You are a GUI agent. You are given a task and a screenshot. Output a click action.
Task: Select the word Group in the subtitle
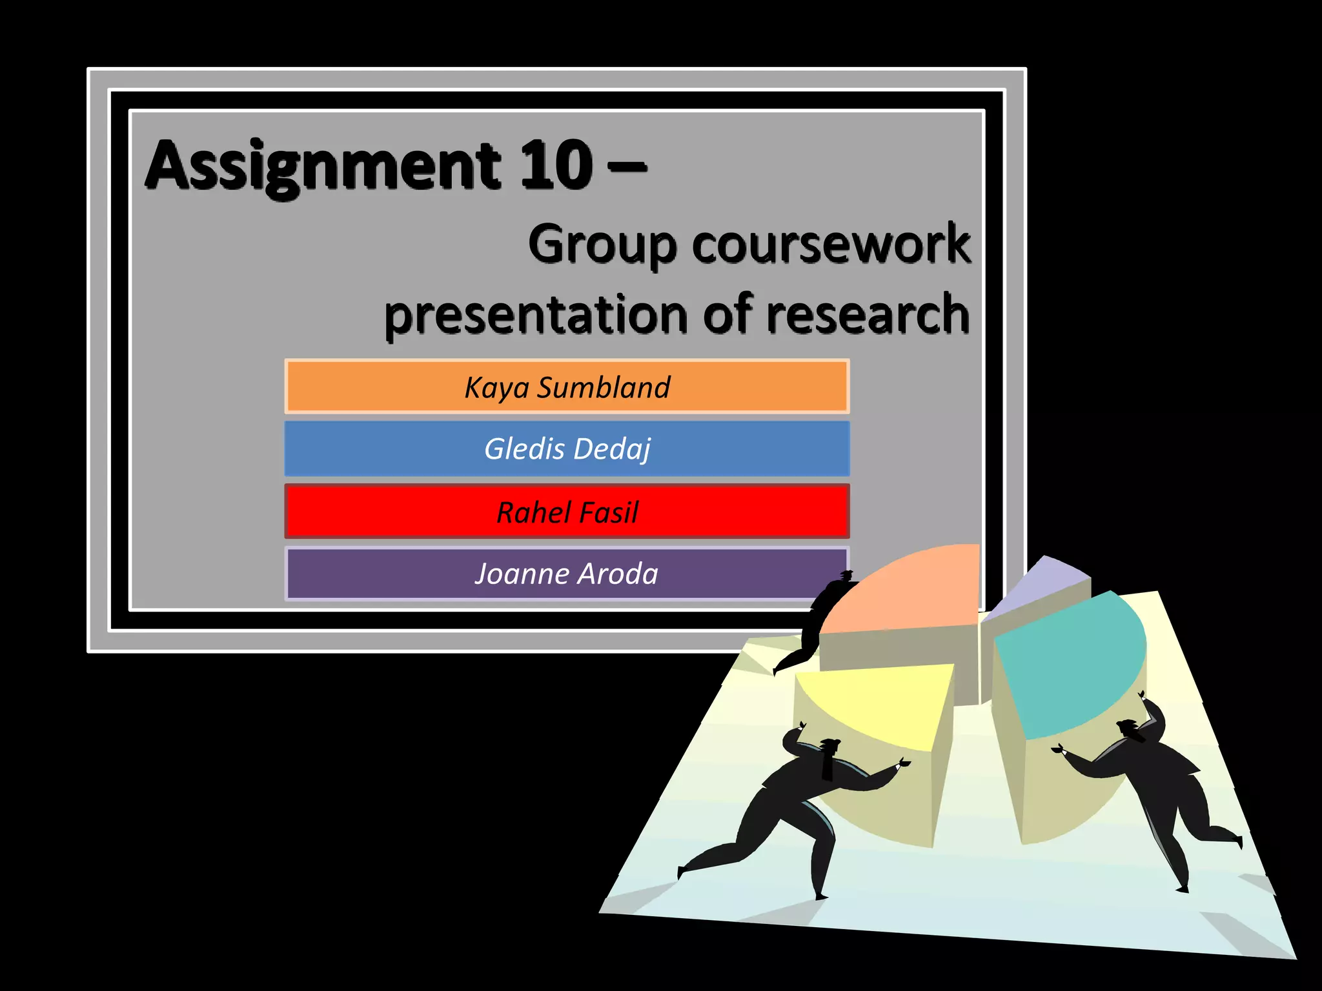(x=602, y=244)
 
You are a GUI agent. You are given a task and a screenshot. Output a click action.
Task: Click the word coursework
(x=831, y=244)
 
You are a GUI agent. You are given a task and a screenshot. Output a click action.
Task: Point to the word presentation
(x=536, y=314)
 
